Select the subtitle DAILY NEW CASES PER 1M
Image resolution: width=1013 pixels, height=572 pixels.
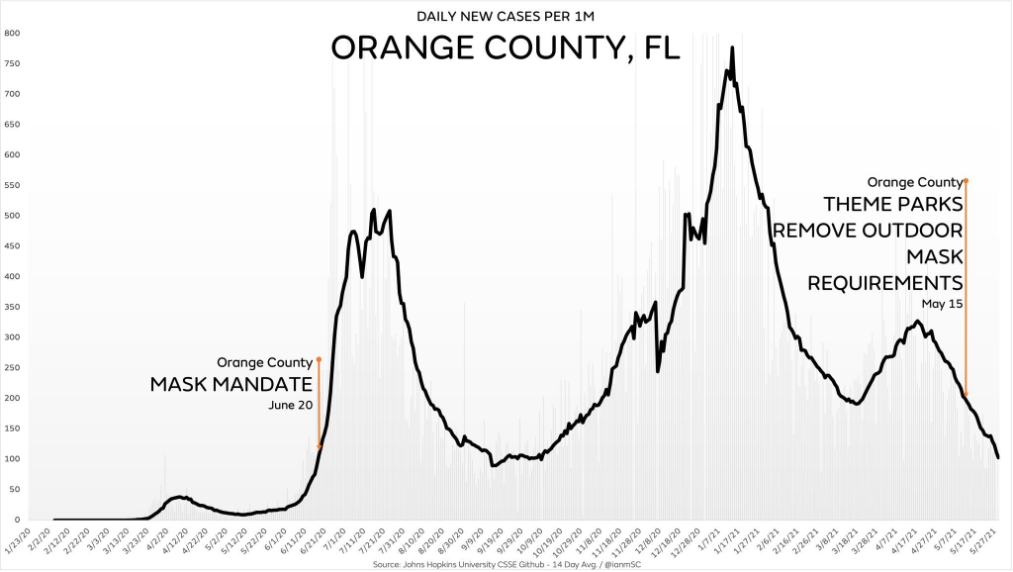(506, 16)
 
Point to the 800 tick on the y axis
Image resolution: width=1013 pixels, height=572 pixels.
(12, 34)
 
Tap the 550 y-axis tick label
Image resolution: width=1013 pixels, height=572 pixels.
(12, 186)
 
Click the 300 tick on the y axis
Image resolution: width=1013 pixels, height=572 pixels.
(12, 337)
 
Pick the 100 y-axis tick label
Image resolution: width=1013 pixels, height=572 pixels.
(12, 459)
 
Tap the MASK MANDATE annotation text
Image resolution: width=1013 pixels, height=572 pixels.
(230, 383)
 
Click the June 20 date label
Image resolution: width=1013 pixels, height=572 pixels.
(290, 405)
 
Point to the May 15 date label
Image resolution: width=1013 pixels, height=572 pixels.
(943, 304)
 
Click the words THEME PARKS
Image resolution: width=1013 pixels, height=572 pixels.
(893, 205)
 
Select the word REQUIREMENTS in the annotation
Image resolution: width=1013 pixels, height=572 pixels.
(885, 282)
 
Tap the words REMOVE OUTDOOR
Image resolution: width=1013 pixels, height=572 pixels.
(868, 231)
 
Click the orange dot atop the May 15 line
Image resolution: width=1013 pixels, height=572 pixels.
(966, 181)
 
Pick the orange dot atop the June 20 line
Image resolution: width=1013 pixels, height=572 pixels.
(320, 360)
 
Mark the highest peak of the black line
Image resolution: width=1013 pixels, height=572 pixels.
(732, 48)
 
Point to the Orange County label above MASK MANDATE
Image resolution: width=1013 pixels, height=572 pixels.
(264, 362)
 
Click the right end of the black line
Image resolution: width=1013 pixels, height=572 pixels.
(998, 457)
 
